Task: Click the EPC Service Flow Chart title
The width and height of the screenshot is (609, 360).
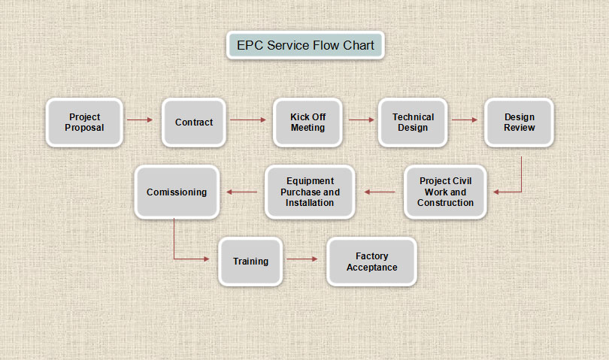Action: click(305, 45)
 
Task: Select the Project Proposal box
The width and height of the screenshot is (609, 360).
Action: click(84, 123)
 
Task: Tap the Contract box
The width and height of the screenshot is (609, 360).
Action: click(194, 123)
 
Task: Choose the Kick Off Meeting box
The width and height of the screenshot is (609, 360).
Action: click(308, 123)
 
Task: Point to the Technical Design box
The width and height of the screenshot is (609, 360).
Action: click(413, 123)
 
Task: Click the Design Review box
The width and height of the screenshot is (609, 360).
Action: click(520, 123)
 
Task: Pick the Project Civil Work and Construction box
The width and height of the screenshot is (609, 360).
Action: click(445, 192)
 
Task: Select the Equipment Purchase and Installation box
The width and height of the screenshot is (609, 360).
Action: click(310, 192)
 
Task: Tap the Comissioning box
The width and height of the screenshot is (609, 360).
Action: click(177, 192)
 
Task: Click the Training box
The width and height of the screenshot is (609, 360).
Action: click(250, 262)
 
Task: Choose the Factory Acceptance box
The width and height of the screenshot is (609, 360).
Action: click(371, 262)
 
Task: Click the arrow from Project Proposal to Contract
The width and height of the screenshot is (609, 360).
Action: click(140, 119)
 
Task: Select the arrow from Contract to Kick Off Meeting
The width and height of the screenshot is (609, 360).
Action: click(248, 119)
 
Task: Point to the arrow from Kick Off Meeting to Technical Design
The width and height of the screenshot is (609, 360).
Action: click(361, 119)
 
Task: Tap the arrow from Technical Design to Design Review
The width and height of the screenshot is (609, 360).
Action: click(465, 119)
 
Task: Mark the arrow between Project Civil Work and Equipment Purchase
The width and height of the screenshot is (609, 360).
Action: click(380, 192)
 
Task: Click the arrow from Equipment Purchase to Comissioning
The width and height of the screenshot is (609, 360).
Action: click(241, 192)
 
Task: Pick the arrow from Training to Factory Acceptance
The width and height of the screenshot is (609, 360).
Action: click(301, 259)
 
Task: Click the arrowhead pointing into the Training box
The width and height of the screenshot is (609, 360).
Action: click(207, 259)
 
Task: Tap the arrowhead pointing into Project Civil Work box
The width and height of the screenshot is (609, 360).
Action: click(496, 192)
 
